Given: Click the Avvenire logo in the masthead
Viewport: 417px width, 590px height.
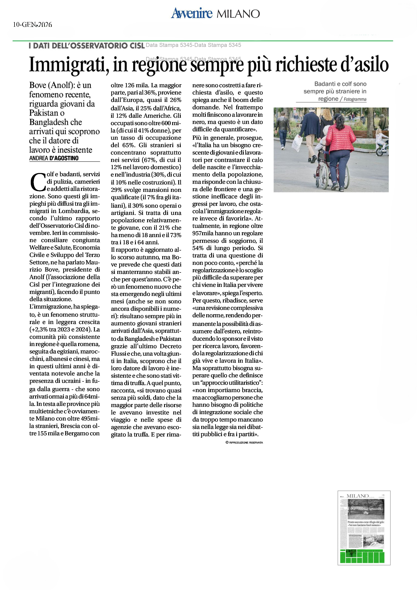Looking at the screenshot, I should [x=192, y=13].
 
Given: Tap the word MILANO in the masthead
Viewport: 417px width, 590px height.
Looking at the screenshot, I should [x=238, y=14].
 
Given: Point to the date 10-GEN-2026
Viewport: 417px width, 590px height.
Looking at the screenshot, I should [x=32, y=25].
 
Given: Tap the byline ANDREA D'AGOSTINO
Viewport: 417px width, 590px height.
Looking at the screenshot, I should [x=54, y=158].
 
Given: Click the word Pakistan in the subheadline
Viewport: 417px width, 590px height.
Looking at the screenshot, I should [x=43, y=113].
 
